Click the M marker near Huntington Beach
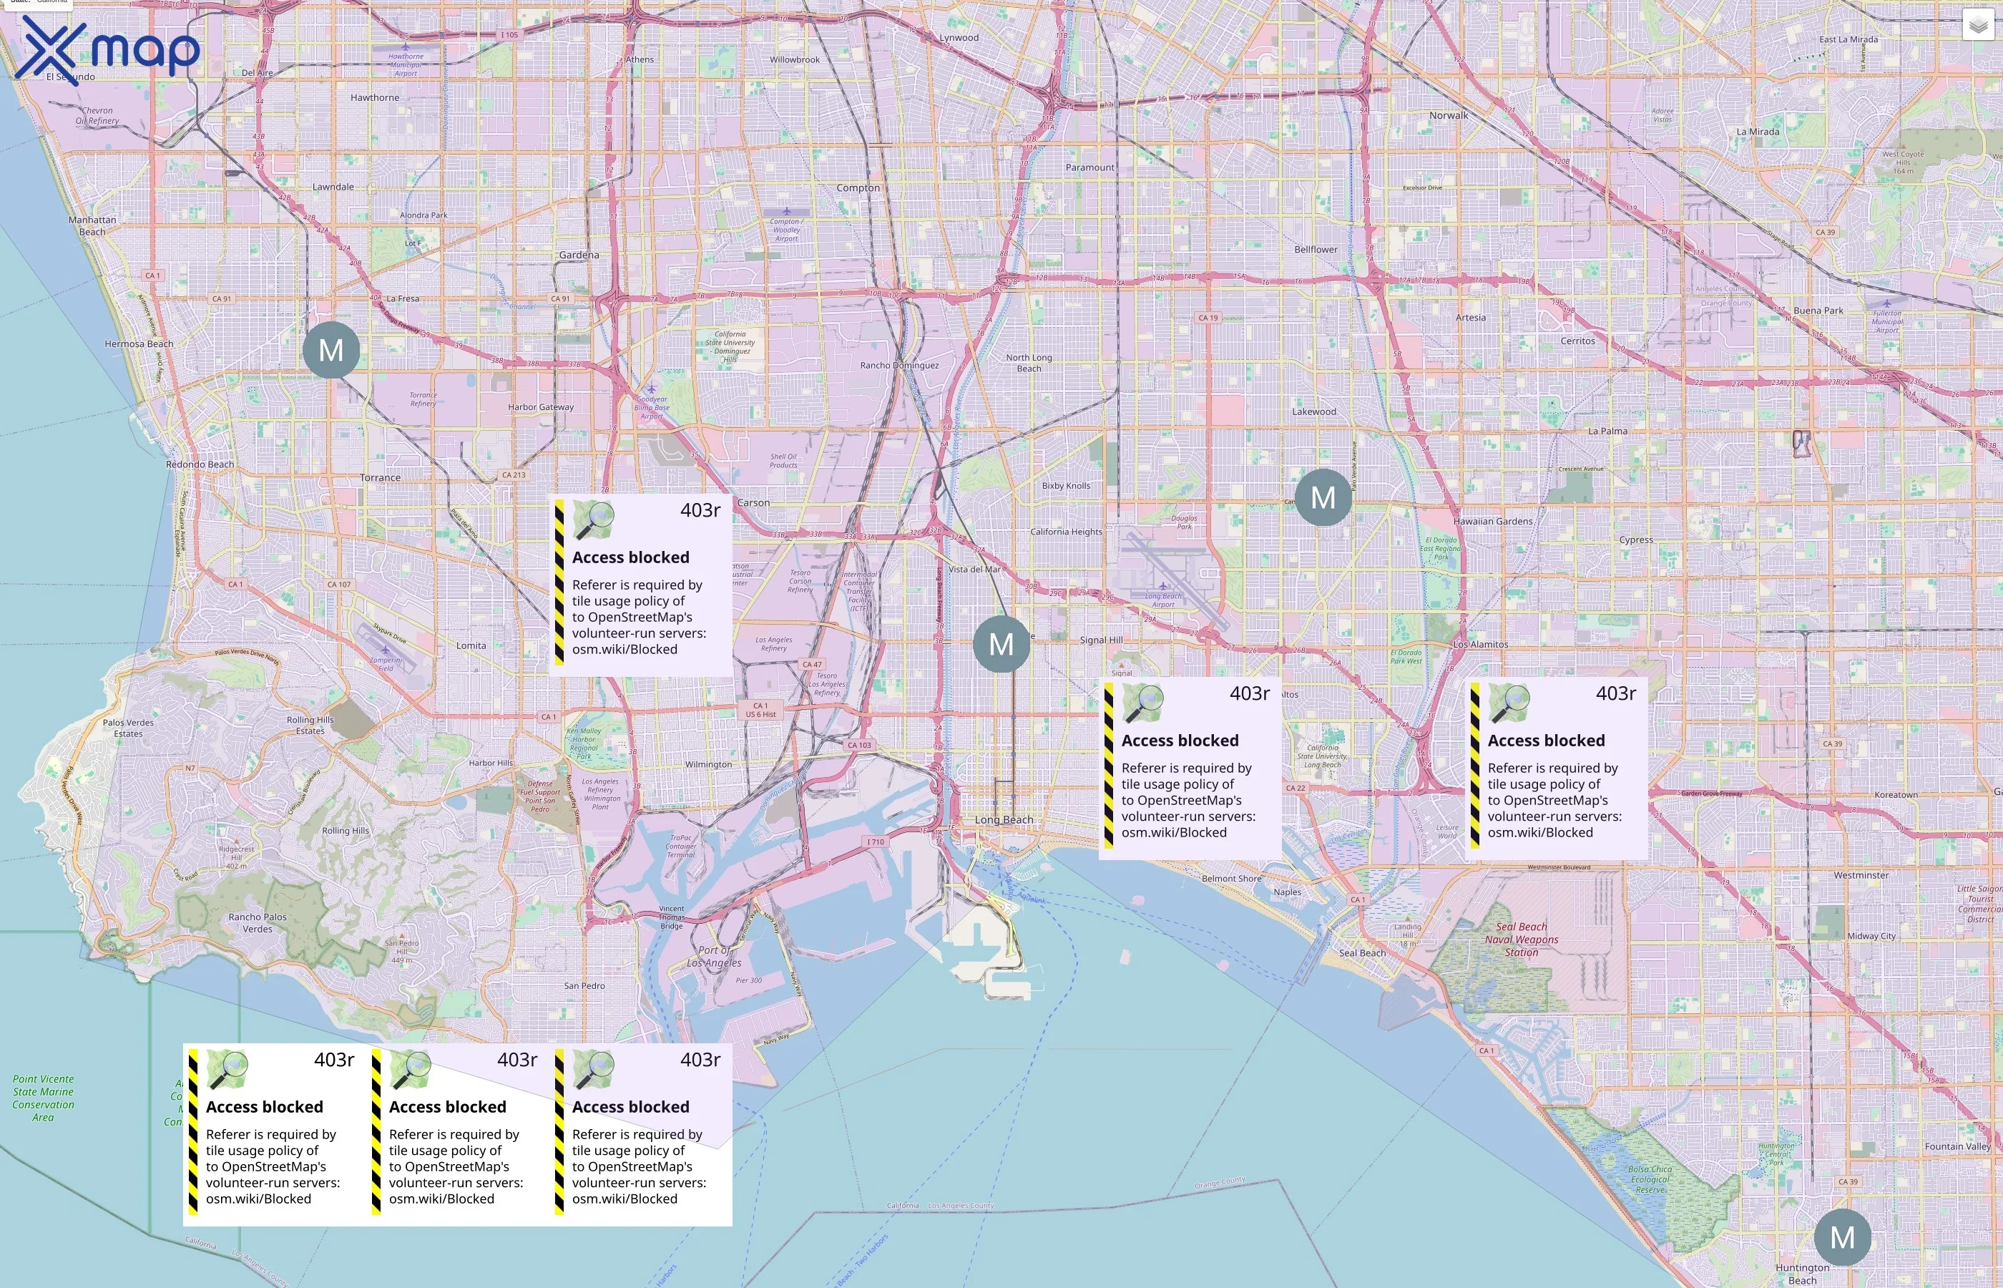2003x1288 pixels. tap(1843, 1237)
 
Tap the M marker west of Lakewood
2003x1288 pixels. tap(1323, 497)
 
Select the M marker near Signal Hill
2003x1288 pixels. tap(1001, 644)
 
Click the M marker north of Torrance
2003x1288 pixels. tap(331, 350)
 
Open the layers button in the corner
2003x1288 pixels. tap(1977, 26)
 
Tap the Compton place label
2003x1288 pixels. tap(858, 187)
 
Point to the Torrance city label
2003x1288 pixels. tap(380, 477)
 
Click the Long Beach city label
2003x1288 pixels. tap(1003, 819)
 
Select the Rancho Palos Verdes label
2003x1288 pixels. tap(258, 922)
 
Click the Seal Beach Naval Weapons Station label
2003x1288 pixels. tap(1521, 940)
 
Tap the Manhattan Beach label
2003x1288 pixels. tap(92, 226)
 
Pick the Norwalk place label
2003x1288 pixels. tap(1448, 115)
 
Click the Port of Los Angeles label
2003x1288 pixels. tap(713, 956)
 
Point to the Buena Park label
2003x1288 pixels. tap(1818, 311)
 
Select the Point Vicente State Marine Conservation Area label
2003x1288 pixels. tap(44, 1098)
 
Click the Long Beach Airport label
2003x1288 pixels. tap(1164, 600)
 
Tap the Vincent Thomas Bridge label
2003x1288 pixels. tap(671, 917)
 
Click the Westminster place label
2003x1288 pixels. tap(1860, 875)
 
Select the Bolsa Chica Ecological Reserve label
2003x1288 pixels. tap(1650, 1179)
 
